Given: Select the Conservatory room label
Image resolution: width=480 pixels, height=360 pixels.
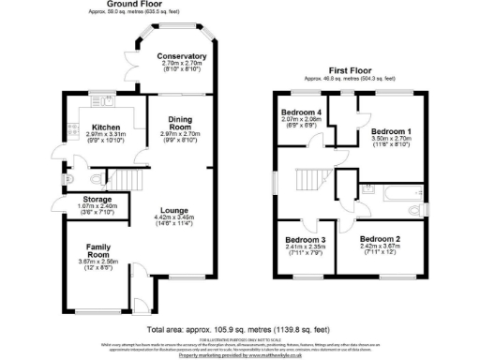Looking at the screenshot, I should point(182,56).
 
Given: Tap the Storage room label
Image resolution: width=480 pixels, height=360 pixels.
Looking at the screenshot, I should point(73,200).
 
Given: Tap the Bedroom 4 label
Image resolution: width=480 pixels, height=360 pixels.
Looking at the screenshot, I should point(300,112).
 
